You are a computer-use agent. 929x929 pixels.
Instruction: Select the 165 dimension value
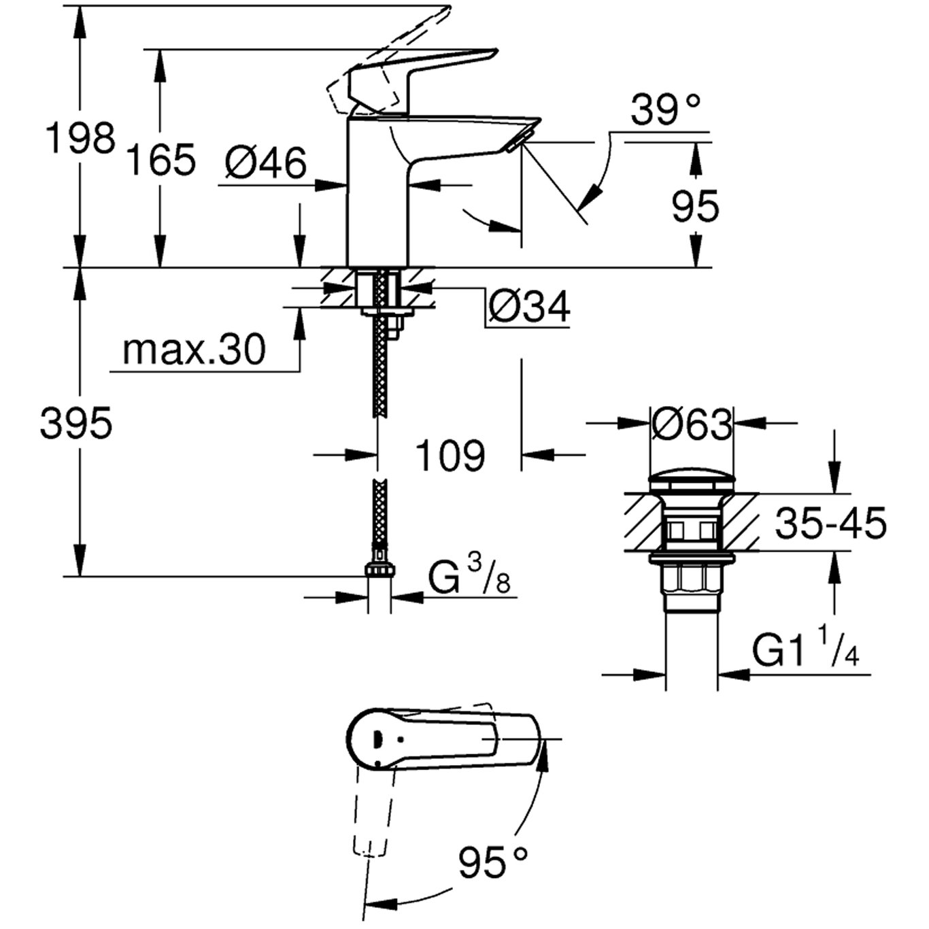pos(162,161)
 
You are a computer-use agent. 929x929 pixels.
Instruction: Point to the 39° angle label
pos(664,110)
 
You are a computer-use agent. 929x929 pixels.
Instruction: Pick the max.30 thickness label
pos(194,351)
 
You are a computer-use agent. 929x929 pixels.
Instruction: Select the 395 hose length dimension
pos(75,424)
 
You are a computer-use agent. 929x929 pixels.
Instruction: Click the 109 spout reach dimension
pos(450,455)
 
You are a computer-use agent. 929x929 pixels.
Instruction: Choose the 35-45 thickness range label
pos(831,524)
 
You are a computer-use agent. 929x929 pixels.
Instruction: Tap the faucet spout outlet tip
pos(518,141)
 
